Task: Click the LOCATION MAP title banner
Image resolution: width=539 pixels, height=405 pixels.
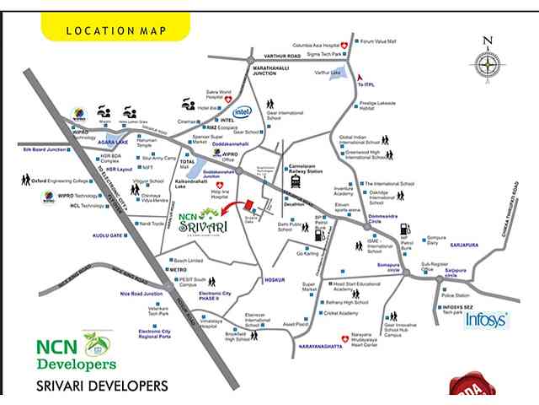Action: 115,30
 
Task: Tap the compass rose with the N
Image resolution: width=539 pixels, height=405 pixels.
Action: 487,63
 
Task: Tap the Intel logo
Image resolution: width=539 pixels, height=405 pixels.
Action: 243,111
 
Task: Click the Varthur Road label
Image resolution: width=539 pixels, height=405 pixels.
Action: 282,57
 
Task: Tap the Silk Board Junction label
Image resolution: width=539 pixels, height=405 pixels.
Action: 45,148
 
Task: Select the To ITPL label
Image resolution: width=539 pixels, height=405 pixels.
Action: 366,85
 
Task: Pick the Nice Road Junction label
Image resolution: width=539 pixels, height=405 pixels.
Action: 141,294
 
